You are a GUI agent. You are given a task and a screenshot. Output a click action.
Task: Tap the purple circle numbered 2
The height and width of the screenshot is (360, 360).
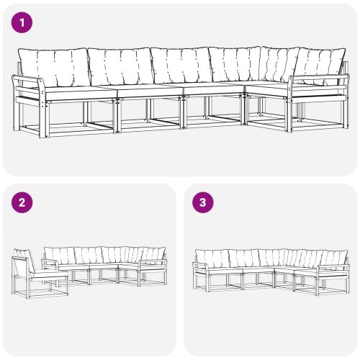tap(23, 202)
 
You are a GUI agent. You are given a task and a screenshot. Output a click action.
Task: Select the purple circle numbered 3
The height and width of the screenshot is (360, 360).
tap(203, 202)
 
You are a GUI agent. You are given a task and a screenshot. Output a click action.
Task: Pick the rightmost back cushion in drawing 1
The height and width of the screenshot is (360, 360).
tap(320, 63)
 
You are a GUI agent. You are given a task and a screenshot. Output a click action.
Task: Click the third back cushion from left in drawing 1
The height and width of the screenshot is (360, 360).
tap(180, 66)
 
